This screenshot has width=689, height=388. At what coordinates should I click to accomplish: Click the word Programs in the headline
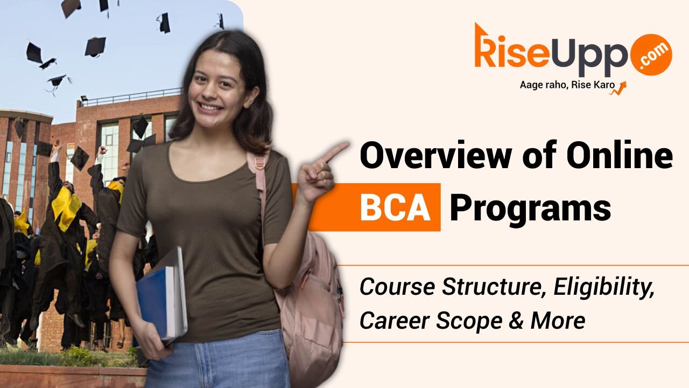[530, 209]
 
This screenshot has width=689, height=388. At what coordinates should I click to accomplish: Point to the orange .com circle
[651, 54]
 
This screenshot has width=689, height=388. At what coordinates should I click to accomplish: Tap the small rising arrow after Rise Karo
[618, 88]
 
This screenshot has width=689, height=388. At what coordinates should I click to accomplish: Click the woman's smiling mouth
[210, 107]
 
